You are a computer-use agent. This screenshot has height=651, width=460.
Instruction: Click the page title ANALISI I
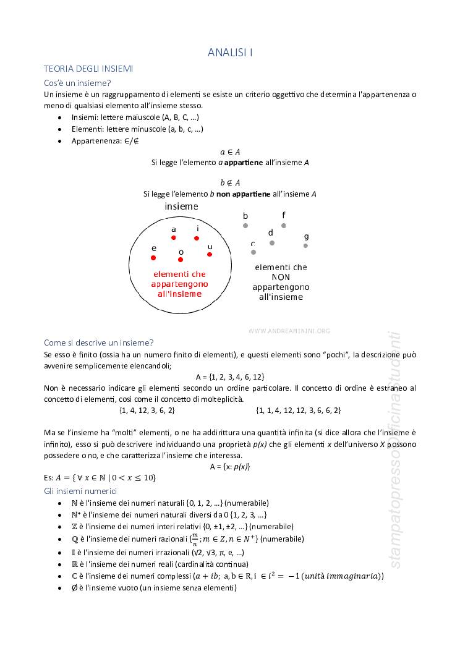230,53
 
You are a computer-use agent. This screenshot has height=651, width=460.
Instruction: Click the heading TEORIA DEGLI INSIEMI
88,69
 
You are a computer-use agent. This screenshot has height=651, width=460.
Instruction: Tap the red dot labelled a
174,238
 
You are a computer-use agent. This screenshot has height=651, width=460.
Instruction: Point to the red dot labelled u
210,254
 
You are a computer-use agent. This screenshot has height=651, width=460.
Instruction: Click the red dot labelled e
153,258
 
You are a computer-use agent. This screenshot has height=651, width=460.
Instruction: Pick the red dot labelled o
181,260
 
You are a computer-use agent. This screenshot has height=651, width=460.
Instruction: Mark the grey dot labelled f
284,226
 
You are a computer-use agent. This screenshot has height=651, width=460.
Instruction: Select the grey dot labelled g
305,245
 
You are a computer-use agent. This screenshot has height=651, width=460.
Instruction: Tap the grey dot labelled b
245,226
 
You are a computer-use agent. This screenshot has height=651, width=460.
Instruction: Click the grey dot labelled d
272,243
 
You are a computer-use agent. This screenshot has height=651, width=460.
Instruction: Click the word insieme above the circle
181,206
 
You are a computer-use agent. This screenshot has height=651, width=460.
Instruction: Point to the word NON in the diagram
281,277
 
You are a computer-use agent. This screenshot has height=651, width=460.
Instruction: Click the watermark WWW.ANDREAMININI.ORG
289,331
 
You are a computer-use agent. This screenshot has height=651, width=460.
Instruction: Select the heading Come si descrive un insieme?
99,343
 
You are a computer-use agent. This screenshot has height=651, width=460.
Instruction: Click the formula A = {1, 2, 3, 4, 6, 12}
230,377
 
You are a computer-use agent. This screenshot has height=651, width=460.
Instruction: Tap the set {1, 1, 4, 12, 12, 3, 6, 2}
299,410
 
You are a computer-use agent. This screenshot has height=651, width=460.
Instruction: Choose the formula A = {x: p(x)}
230,466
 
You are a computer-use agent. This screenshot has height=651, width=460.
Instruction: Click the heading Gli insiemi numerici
80,491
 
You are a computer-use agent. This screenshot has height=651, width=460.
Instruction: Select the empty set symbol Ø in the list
74,587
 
